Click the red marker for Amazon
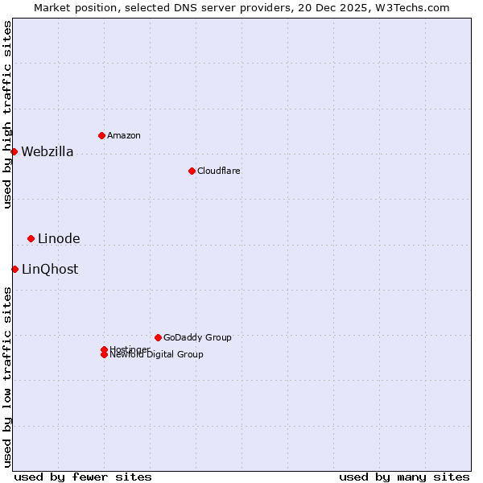101,135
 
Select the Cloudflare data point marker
192,171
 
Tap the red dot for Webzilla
14,151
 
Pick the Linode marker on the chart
31,238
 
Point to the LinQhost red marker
14,269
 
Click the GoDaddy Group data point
158,337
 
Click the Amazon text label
124,135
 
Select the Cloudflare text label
219,171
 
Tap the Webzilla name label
47,152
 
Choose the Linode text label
59,239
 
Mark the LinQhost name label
50,270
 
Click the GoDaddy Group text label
197,337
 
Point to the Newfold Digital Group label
157,355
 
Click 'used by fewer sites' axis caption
83,477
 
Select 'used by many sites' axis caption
404,477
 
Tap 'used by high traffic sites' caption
8,114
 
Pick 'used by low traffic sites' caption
8,377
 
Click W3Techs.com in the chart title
411,7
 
